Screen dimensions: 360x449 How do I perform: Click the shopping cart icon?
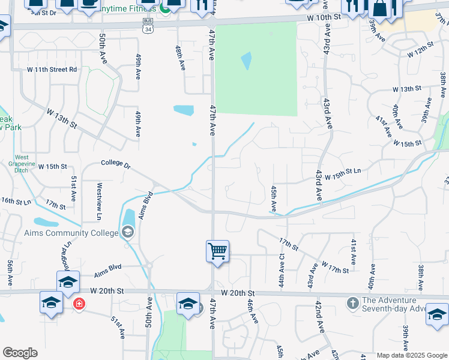point(217,250)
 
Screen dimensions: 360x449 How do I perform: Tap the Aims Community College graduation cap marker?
point(127,232)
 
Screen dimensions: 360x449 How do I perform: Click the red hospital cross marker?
point(79,304)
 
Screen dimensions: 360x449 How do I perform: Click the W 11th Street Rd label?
point(52,70)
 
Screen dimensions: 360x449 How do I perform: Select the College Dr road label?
point(116,163)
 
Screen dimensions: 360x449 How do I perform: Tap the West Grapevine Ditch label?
point(22,165)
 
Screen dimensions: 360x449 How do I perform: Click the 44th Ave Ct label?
point(282,272)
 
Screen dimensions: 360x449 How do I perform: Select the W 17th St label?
point(334,267)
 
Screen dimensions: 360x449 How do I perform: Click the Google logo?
point(20,353)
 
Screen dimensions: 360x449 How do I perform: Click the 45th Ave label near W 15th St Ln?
point(273,198)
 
